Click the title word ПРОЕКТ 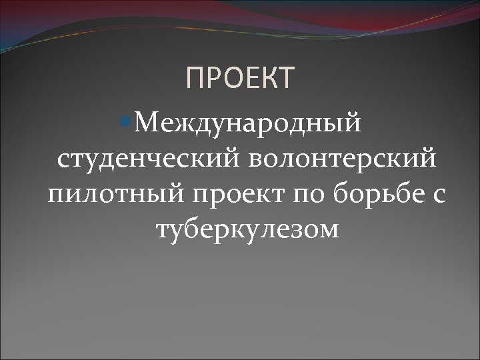[239, 78]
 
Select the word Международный [249, 123]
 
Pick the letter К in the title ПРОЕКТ [266, 78]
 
